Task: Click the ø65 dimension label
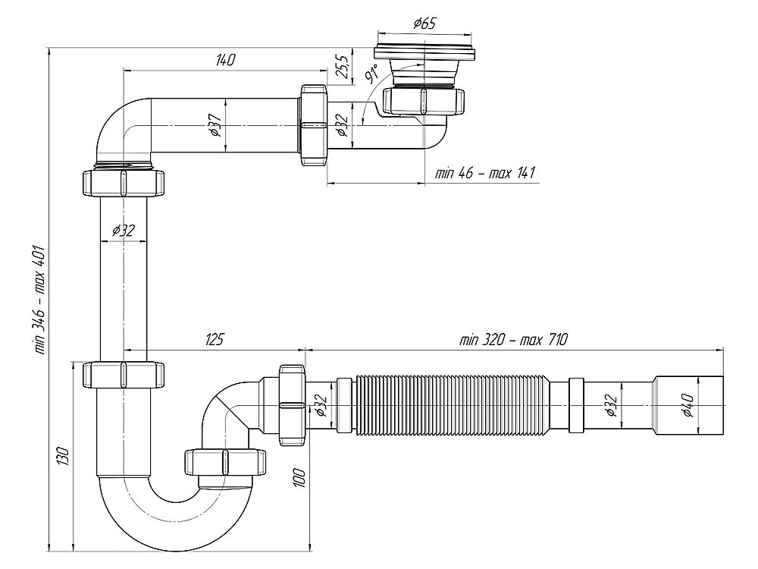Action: tap(424, 24)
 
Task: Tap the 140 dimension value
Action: tap(225, 60)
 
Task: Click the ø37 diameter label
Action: tap(215, 124)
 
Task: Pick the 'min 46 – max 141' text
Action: tap(485, 173)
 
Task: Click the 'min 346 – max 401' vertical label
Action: tap(39, 300)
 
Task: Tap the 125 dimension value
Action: tap(214, 339)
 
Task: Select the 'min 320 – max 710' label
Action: tap(513, 340)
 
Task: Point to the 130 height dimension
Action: tap(64, 456)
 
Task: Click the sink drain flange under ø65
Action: tap(424, 53)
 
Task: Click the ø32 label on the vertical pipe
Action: tap(123, 231)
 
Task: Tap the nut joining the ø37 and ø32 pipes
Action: tap(314, 125)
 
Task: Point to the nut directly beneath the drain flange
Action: tap(424, 102)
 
